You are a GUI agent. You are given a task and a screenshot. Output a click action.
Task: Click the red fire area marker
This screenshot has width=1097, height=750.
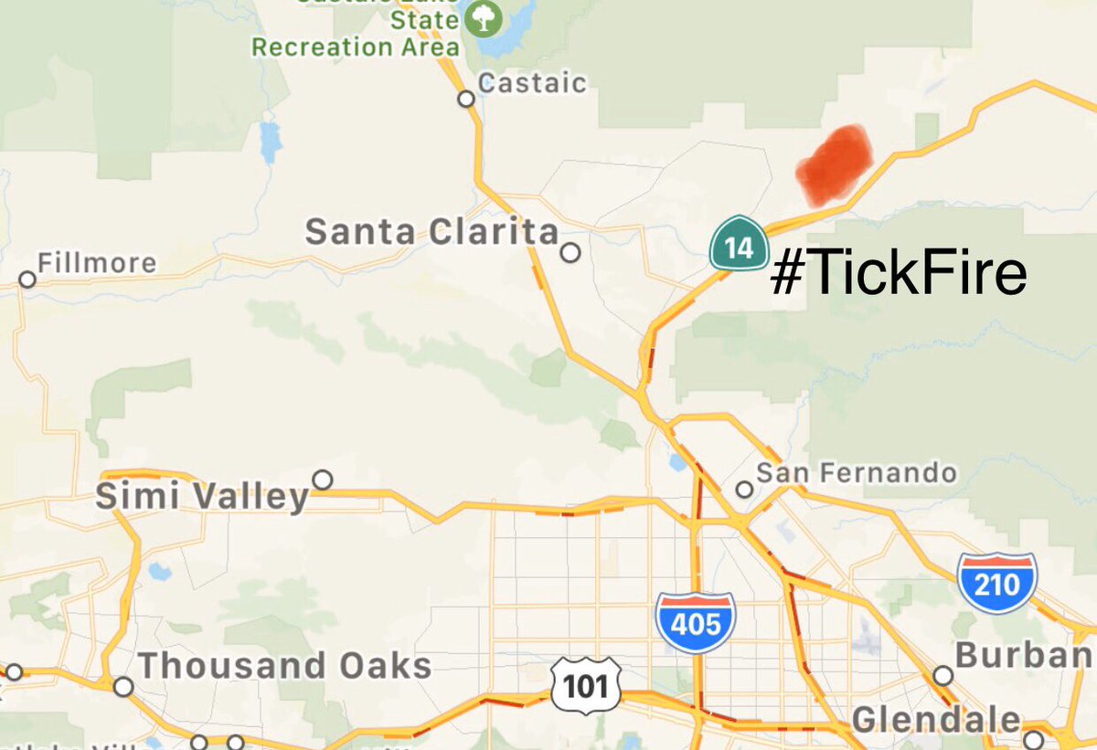pos(834,164)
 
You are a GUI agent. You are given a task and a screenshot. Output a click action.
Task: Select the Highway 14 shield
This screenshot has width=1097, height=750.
pos(739,245)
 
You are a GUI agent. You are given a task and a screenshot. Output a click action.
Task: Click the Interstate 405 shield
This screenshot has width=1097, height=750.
pos(696,622)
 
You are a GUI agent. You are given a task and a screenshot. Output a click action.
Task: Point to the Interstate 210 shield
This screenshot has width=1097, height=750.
pos(996,582)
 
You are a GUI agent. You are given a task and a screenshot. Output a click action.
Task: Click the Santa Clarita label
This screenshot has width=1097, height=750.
pos(431,232)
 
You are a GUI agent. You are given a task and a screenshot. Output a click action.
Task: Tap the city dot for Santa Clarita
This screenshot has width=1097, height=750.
pos(570,252)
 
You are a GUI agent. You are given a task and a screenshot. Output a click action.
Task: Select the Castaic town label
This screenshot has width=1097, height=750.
pos(532,83)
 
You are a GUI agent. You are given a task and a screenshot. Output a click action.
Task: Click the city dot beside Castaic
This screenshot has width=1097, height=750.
pos(466,98)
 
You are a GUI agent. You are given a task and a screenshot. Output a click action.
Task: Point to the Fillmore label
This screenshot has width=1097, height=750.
pos(97,264)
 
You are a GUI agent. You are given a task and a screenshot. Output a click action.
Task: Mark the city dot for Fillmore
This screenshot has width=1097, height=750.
pos(27,279)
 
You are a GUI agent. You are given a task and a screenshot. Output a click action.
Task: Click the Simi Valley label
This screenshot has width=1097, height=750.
pos(202,497)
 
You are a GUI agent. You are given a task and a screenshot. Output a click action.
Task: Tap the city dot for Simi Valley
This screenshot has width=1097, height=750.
pos(322,480)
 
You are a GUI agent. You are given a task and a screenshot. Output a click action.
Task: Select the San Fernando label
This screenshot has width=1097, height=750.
pos(856,472)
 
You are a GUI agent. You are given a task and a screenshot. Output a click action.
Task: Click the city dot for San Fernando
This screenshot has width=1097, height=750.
pos(744,490)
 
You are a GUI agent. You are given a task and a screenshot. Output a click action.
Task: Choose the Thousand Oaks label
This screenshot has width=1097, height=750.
pos(284,666)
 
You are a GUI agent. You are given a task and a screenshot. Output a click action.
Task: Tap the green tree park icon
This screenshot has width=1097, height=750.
pos(481,19)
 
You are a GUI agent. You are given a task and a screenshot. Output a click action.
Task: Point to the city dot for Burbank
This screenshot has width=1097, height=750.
pos(943,675)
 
